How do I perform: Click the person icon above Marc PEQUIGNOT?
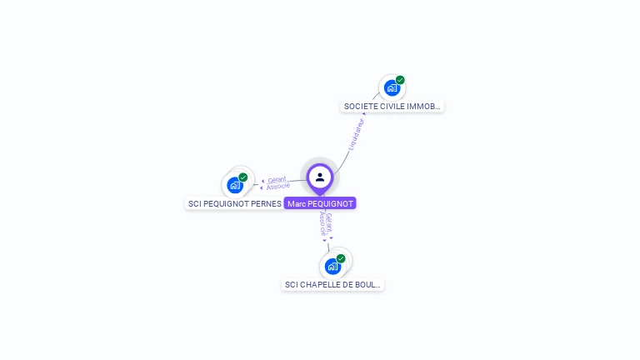point(320,177)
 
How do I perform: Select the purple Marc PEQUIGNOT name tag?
point(320,203)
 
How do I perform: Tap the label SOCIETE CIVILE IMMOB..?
point(393,107)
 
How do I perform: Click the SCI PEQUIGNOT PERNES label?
point(234,203)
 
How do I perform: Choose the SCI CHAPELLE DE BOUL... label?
point(333,284)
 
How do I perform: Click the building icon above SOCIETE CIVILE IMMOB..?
point(392,87)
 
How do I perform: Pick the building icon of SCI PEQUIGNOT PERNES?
point(234,184)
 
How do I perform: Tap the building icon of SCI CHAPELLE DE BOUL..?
point(332,266)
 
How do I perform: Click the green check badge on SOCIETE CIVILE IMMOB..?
point(400,80)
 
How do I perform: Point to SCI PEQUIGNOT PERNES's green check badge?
point(243,177)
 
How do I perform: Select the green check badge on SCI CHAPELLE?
point(341,258)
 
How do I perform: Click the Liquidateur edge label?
point(356,134)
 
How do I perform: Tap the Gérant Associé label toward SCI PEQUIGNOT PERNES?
point(277,182)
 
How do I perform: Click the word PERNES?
point(266,203)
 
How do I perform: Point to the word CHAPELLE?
point(320,284)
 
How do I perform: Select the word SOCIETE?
point(359,107)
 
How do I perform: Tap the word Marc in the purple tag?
point(297,203)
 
